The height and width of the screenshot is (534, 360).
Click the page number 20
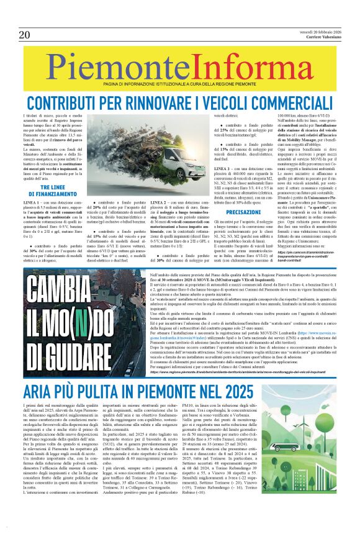pyautogui.click(x=24, y=34)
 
